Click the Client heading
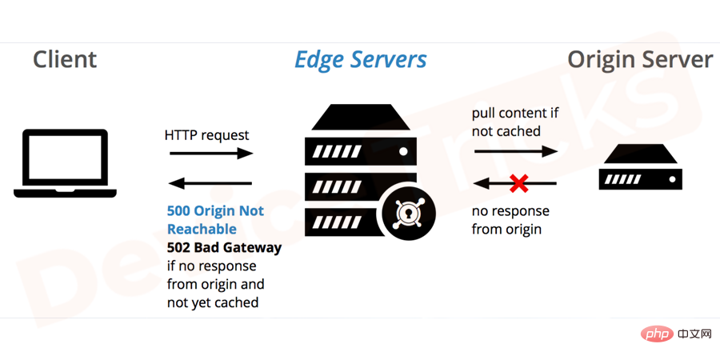[65, 60]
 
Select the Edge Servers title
[361, 60]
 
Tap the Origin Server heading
[641, 60]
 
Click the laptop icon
[66, 163]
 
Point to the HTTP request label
[206, 135]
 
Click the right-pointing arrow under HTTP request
[211, 154]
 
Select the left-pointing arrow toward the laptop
[210, 184]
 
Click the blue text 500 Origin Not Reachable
[215, 220]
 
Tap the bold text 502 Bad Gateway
[224, 247]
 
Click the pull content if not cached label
[515, 122]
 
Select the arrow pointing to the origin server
[516, 151]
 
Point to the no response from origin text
[510, 220]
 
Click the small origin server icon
[641, 166]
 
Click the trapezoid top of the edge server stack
[361, 117]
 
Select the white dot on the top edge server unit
[404, 151]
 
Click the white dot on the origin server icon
[672, 179]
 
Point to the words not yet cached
[213, 302]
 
